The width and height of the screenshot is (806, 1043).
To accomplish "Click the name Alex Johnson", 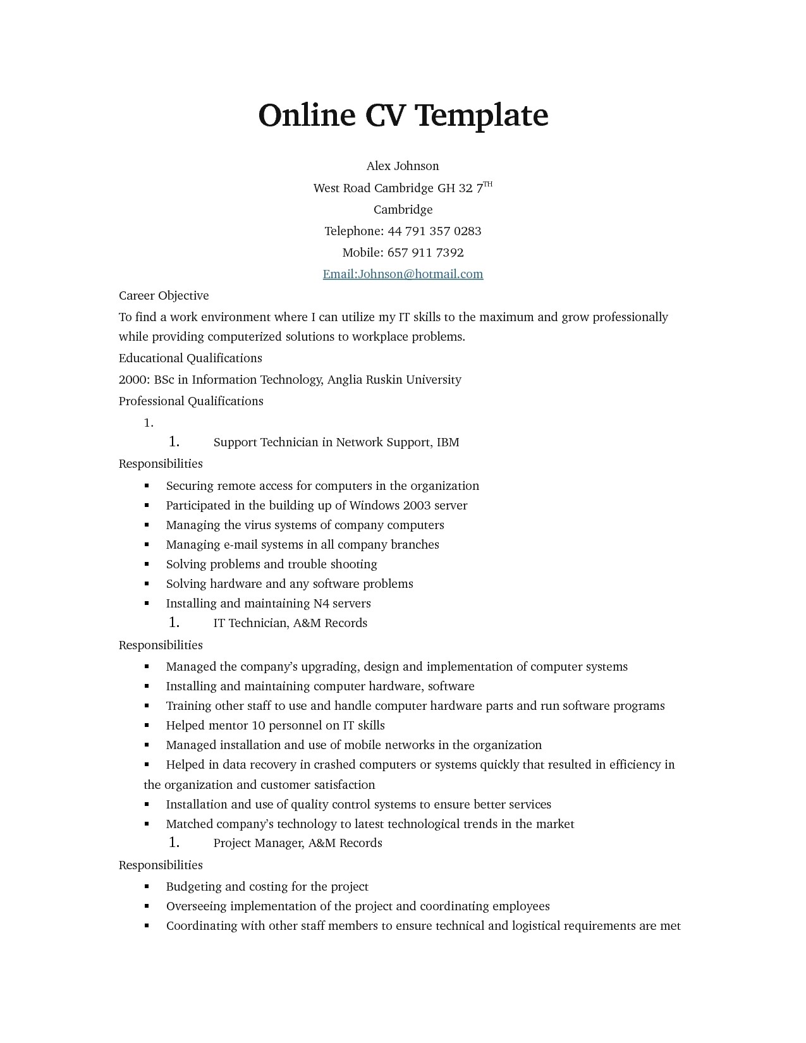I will [403, 166].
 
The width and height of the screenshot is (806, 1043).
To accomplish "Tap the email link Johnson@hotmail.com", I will [403, 274].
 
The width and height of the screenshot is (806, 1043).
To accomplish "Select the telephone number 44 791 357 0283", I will [434, 231].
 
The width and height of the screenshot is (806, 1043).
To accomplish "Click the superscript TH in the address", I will [488, 184].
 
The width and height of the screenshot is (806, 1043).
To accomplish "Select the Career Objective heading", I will [164, 296].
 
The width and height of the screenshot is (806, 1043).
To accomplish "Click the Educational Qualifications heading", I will [190, 358].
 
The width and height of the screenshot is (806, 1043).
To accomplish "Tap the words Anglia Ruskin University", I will [394, 380].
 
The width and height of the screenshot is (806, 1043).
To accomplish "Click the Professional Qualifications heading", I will [191, 401].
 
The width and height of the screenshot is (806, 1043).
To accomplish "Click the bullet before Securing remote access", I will [147, 486].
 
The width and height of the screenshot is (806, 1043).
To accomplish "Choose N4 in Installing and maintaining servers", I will [321, 604].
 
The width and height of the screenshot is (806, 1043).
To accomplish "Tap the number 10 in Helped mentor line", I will [259, 726].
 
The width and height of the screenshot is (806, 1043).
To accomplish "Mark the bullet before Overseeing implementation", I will [147, 906].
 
